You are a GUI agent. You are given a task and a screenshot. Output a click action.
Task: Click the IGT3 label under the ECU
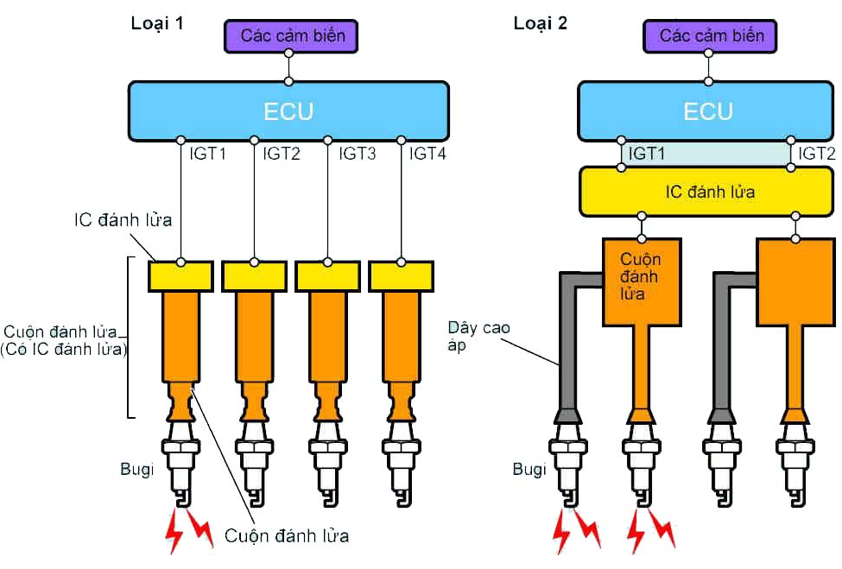click(x=358, y=154)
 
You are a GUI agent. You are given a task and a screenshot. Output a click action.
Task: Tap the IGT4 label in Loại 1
click(x=427, y=154)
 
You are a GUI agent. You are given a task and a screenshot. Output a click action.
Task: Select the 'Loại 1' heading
click(x=157, y=23)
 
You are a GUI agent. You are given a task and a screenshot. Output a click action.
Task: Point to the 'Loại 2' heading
click(x=541, y=23)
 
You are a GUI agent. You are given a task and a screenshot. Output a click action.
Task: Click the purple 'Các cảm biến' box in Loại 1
click(x=291, y=36)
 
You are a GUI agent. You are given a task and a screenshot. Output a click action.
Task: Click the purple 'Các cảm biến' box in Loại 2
click(x=710, y=36)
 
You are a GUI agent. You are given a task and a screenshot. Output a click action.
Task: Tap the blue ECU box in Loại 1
click(x=288, y=111)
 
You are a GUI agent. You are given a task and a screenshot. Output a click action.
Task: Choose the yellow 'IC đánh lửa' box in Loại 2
click(x=706, y=192)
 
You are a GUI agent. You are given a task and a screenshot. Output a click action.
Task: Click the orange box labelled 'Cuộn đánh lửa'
click(x=642, y=282)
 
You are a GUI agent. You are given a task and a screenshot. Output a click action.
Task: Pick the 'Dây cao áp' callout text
click(x=478, y=336)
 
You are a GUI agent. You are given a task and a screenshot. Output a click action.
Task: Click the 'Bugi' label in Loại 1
click(x=137, y=469)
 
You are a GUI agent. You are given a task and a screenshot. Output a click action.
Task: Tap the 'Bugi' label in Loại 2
click(x=529, y=469)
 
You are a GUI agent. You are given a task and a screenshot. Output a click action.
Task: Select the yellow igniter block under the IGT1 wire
click(x=180, y=276)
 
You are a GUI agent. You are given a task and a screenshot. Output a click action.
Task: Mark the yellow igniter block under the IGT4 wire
click(x=401, y=276)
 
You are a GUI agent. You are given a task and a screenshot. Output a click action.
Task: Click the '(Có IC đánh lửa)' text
click(x=64, y=350)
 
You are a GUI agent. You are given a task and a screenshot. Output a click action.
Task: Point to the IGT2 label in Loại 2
click(x=816, y=154)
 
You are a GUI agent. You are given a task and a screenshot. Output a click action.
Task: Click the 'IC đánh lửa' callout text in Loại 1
click(x=123, y=219)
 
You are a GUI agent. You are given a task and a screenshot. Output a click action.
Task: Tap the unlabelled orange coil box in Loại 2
click(x=796, y=282)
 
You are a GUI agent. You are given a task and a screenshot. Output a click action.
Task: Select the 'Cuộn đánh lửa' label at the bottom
click(x=287, y=535)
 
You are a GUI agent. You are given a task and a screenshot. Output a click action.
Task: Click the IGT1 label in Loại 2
click(x=647, y=154)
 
